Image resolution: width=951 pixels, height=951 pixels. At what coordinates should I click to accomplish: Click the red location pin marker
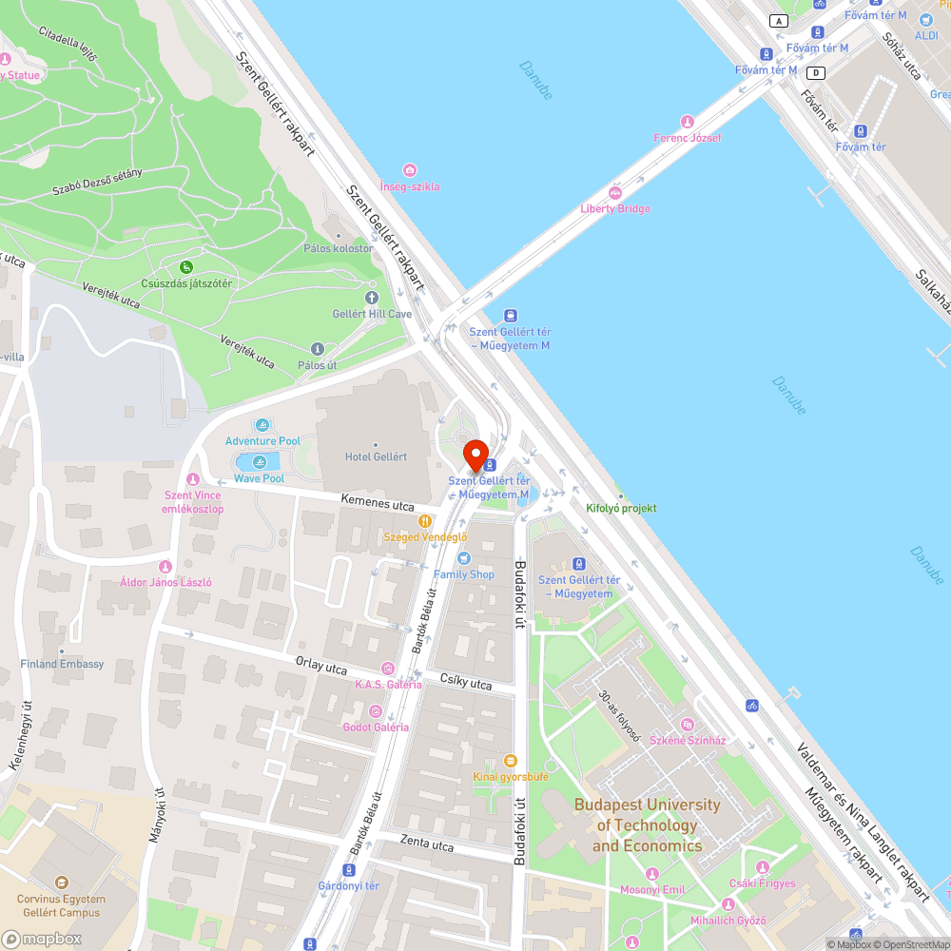tap(475, 456)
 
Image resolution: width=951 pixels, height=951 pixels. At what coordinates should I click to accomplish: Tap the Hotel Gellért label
tap(376, 456)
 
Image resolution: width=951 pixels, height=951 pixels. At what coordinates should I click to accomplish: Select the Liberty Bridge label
tap(615, 208)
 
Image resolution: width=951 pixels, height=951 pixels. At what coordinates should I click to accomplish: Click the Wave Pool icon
tap(260, 462)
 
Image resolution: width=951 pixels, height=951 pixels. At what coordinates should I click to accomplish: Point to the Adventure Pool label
tap(262, 441)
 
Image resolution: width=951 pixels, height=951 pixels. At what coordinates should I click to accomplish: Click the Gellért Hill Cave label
tap(372, 314)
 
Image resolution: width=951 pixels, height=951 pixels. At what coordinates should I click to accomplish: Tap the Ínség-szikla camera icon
tap(410, 170)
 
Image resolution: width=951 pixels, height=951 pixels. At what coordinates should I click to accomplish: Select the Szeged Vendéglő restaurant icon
tap(425, 521)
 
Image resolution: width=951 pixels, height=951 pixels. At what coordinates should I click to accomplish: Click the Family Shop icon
tap(464, 558)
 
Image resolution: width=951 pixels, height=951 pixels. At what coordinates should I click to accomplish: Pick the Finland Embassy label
tap(62, 664)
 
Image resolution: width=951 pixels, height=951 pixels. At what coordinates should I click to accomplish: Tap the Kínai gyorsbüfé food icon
tap(511, 761)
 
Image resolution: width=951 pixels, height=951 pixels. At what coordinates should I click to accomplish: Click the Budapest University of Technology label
tap(648, 825)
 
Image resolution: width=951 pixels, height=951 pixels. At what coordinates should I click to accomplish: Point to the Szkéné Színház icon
tap(688, 725)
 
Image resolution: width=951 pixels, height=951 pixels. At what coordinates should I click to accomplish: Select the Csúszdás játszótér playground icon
tap(186, 267)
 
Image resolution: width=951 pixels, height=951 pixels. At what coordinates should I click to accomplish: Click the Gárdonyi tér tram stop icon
tap(350, 870)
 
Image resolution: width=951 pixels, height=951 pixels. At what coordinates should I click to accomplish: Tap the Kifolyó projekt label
tap(622, 509)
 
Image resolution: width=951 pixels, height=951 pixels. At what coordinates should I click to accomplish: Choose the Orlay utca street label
tap(321, 668)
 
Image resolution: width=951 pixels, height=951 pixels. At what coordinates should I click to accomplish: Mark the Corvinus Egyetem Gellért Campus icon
tap(62, 883)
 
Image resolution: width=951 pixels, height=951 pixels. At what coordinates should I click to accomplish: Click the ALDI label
tap(925, 35)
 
